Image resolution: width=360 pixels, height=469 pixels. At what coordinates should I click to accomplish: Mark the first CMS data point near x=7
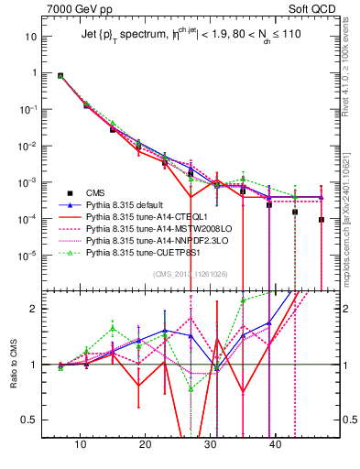pos(61,76)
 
